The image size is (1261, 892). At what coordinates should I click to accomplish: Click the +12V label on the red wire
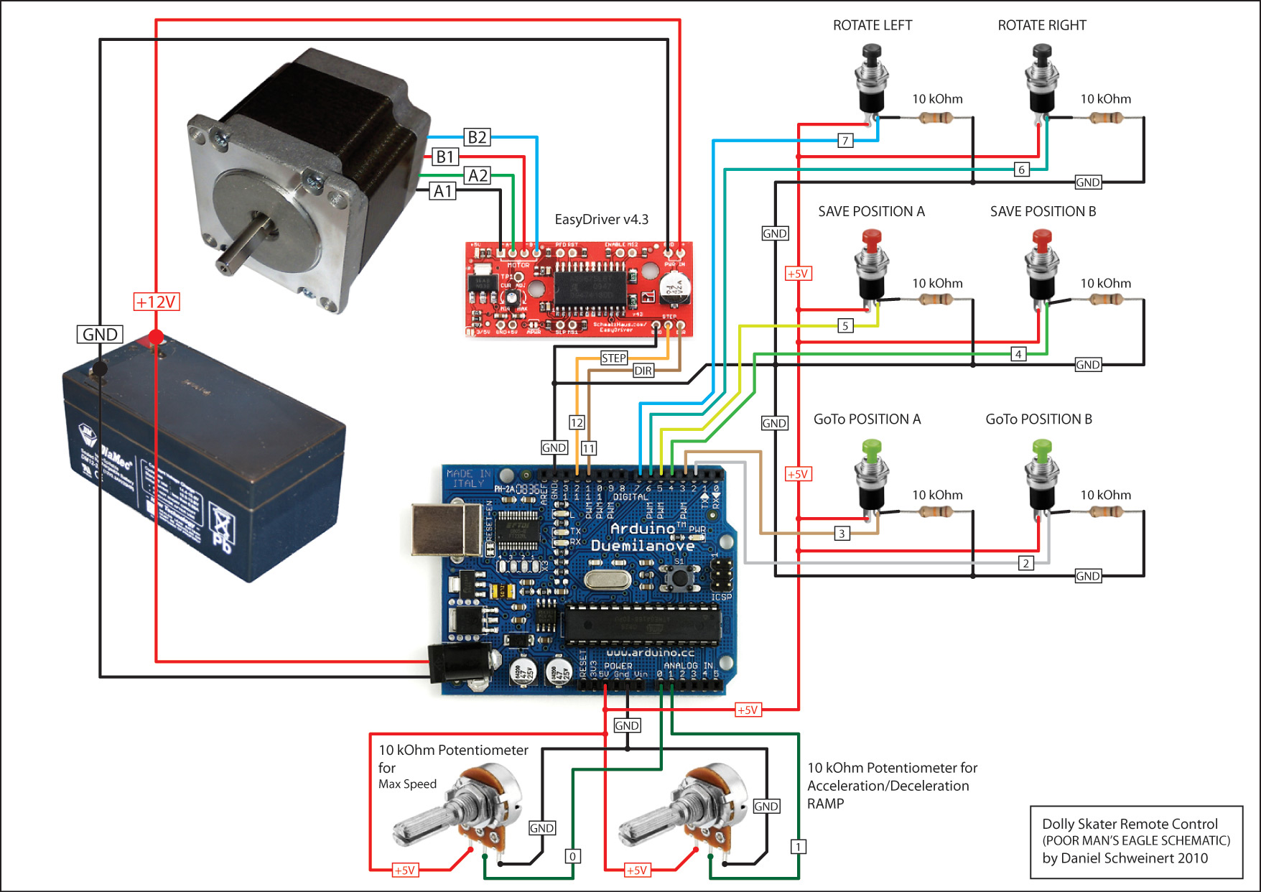pyautogui.click(x=156, y=302)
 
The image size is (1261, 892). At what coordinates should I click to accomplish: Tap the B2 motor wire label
pyautogui.click(x=477, y=137)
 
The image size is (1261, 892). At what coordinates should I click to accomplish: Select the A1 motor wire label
pyautogui.click(x=442, y=191)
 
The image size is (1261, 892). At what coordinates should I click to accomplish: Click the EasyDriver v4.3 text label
pyautogui.click(x=601, y=219)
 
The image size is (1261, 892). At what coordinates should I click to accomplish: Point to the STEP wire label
pyautogui.click(x=614, y=358)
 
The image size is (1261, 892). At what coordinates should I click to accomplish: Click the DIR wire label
pyautogui.click(x=643, y=371)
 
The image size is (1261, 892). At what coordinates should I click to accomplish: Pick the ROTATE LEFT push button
pyautogui.click(x=872, y=79)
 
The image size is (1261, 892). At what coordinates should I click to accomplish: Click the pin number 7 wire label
pyautogui.click(x=846, y=140)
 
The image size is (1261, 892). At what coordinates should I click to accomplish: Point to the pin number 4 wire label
pyautogui.click(x=1018, y=353)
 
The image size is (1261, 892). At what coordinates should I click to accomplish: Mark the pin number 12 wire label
pyautogui.click(x=577, y=422)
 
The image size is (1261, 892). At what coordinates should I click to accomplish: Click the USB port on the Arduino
pyautogui.click(x=446, y=529)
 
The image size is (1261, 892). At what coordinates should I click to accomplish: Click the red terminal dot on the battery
pyautogui.click(x=156, y=337)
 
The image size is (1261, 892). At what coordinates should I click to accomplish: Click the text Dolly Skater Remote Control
pyautogui.click(x=1130, y=824)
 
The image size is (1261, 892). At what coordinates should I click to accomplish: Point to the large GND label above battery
pyautogui.click(x=100, y=334)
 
